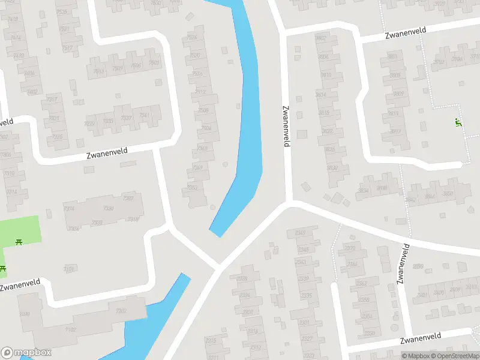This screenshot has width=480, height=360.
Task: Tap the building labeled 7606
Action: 137,66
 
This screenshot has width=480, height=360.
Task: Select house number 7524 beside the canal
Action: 192,38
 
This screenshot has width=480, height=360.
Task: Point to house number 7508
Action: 203,110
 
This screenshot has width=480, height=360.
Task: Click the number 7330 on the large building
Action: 109,209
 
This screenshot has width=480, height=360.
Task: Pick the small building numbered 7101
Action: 70,269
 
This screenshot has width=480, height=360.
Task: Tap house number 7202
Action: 121,311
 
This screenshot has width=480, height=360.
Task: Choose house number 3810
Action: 326,75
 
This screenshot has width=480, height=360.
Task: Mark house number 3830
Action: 332,167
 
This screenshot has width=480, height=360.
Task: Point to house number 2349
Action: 303,249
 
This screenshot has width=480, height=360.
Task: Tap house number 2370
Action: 350,248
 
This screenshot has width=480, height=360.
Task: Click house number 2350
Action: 369,334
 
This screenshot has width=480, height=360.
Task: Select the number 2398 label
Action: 418,266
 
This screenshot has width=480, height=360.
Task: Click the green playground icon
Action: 458,123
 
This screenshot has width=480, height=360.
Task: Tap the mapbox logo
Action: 25,352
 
